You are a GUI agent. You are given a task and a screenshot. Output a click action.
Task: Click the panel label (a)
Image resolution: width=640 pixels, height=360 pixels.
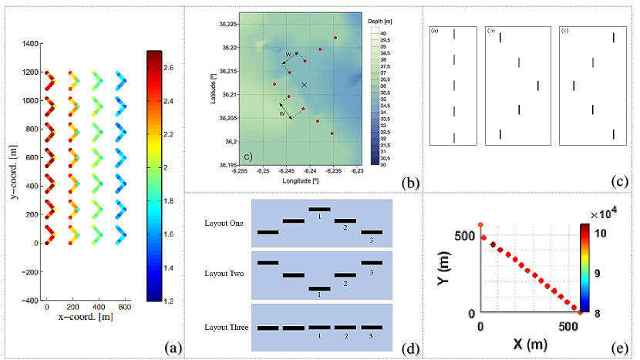[x=173, y=348]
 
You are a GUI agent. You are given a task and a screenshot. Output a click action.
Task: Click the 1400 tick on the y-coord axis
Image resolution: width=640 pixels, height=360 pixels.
[x=31, y=43]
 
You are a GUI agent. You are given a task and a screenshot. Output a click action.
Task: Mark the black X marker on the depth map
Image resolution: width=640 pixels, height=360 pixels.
[x=305, y=85]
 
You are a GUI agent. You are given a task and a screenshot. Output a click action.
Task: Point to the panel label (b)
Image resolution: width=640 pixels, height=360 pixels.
[x=410, y=183]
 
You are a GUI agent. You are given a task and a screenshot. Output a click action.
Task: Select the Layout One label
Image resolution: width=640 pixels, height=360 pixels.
[x=224, y=223]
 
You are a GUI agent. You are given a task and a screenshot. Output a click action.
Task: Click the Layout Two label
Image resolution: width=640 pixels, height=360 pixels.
[x=224, y=274]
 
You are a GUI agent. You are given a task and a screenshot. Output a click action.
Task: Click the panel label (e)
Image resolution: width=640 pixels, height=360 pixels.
[x=619, y=348]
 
